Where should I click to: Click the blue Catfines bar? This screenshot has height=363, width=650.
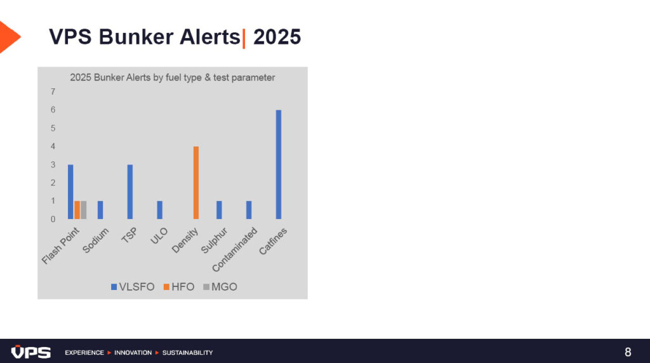point(279,164)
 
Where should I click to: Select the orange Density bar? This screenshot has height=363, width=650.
point(196,183)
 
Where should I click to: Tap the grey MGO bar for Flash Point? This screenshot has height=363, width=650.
point(84,210)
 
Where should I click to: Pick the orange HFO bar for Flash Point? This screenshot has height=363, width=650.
point(77,210)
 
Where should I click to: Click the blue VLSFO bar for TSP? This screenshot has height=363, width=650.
point(130,192)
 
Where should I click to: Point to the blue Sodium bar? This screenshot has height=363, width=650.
point(100,210)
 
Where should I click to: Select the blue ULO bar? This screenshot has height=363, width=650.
point(160,210)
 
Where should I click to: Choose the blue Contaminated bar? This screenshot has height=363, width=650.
point(249,210)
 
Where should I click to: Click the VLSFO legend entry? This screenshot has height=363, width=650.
point(133,287)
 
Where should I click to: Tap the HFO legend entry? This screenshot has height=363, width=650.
point(179,287)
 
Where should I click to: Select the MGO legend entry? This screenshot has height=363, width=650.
point(220,287)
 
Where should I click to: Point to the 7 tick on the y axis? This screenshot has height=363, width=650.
point(53,91)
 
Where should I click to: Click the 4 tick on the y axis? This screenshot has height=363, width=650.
point(53,146)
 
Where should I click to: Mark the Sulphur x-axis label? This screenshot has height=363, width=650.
point(215,241)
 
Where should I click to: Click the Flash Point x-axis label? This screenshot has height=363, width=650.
point(60,246)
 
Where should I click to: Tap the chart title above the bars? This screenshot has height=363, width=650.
point(173,77)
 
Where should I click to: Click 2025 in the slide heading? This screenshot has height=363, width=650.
point(277,37)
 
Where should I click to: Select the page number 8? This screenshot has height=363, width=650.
point(628,352)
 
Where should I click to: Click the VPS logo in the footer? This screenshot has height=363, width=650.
point(31,352)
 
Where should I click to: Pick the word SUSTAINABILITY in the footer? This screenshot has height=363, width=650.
point(187,353)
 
